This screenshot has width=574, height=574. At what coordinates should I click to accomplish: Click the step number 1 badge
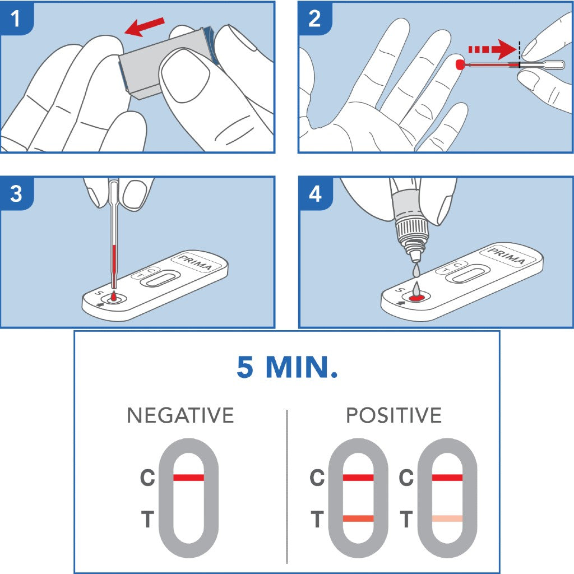click(15, 18)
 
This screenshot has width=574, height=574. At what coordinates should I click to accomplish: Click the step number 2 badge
click(314, 18)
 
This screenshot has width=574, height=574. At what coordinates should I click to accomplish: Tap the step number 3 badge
click(15, 194)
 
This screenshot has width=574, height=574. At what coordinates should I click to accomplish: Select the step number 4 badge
click(314, 194)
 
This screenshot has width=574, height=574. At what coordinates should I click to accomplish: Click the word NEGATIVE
click(180, 415)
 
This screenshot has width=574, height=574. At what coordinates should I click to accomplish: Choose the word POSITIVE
click(394, 415)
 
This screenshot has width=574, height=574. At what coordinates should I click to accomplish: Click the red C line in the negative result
click(189, 478)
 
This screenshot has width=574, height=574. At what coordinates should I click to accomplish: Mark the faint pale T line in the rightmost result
click(447, 519)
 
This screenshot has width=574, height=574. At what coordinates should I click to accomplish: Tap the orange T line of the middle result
click(358, 519)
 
